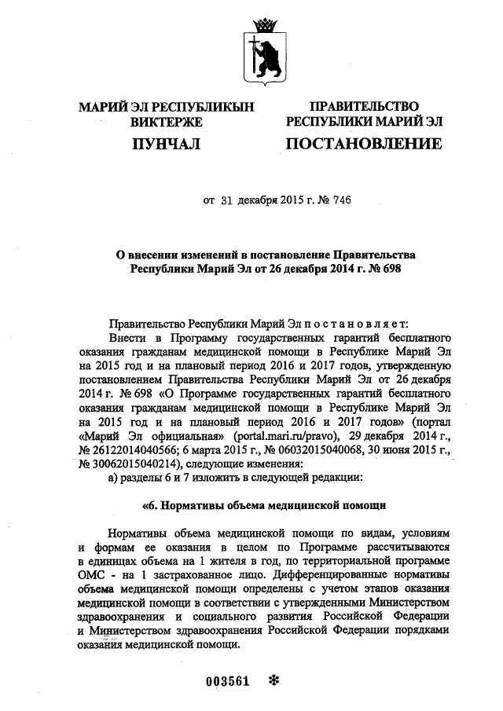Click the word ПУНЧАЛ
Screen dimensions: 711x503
click(166, 144)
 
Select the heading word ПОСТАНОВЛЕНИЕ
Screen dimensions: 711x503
click(363, 144)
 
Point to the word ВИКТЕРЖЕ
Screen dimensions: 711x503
click(166, 122)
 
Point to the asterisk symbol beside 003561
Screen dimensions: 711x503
click(274, 680)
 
